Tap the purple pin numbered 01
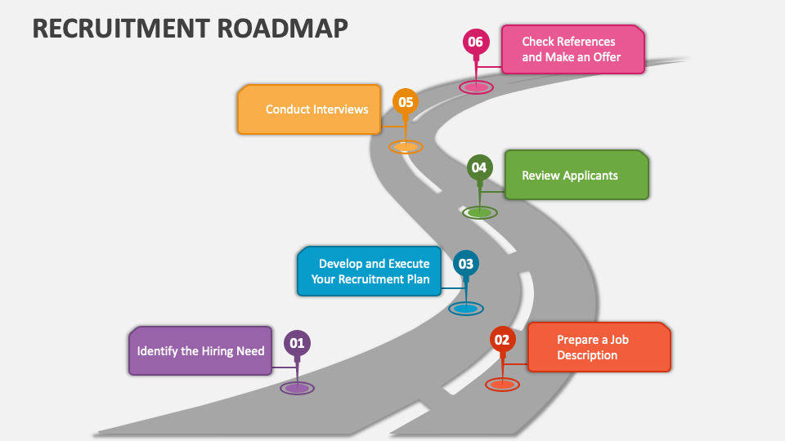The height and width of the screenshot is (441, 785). pyautogui.click(x=297, y=344)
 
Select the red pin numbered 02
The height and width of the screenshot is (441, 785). pyautogui.click(x=502, y=340)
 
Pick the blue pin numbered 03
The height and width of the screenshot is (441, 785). pyautogui.click(x=465, y=264)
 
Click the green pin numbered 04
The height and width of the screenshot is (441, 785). pyautogui.click(x=479, y=168)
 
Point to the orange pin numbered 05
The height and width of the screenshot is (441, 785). pyautogui.click(x=405, y=103)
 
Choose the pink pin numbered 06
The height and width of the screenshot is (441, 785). pyautogui.click(x=475, y=42)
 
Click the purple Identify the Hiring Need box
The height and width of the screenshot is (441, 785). pyautogui.click(x=200, y=351)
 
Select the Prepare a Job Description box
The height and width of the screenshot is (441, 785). pyautogui.click(x=599, y=347)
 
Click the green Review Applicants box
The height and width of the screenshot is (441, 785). pyautogui.click(x=576, y=175)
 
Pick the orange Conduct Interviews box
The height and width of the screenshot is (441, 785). pyautogui.click(x=309, y=109)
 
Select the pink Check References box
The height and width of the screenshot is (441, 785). pyautogui.click(x=572, y=49)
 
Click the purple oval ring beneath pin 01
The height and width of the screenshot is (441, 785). pyautogui.click(x=297, y=388)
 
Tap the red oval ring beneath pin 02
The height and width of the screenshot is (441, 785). pyautogui.click(x=502, y=384)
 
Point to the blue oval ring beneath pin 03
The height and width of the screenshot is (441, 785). pyautogui.click(x=465, y=309)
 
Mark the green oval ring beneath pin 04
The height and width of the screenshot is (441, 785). pyautogui.click(x=479, y=212)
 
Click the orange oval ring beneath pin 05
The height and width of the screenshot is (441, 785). pyautogui.click(x=405, y=147)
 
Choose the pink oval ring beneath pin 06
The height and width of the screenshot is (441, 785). pyautogui.click(x=475, y=86)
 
